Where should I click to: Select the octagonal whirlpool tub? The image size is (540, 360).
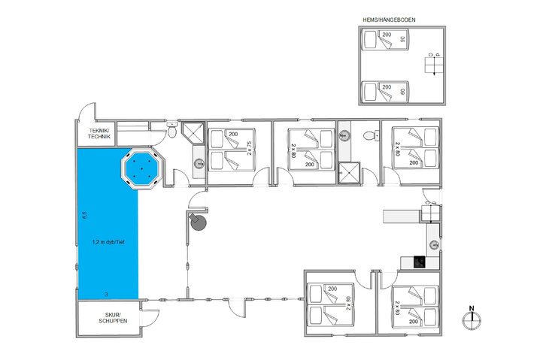click(141, 169)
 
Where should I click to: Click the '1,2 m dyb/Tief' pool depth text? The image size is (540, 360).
click(107, 242)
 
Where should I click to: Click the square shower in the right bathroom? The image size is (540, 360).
click(349, 172)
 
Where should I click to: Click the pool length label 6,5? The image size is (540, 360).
click(85, 215)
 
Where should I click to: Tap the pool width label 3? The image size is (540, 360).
click(106, 292)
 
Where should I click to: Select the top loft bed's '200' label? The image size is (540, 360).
click(387, 35)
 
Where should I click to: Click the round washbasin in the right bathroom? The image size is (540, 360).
click(344, 136)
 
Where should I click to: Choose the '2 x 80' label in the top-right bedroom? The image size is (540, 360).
click(396, 147)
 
